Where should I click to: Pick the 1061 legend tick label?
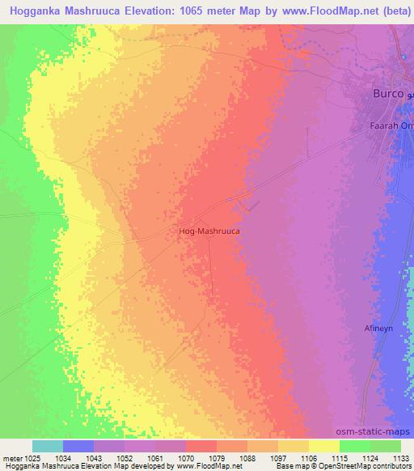pos(156,459)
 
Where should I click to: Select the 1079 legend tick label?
pos(217,459)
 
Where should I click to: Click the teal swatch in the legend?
pos(48,446)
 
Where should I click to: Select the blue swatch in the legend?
pos(78,446)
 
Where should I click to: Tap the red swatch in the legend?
pos(201,446)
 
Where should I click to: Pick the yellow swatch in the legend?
pos(323,446)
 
